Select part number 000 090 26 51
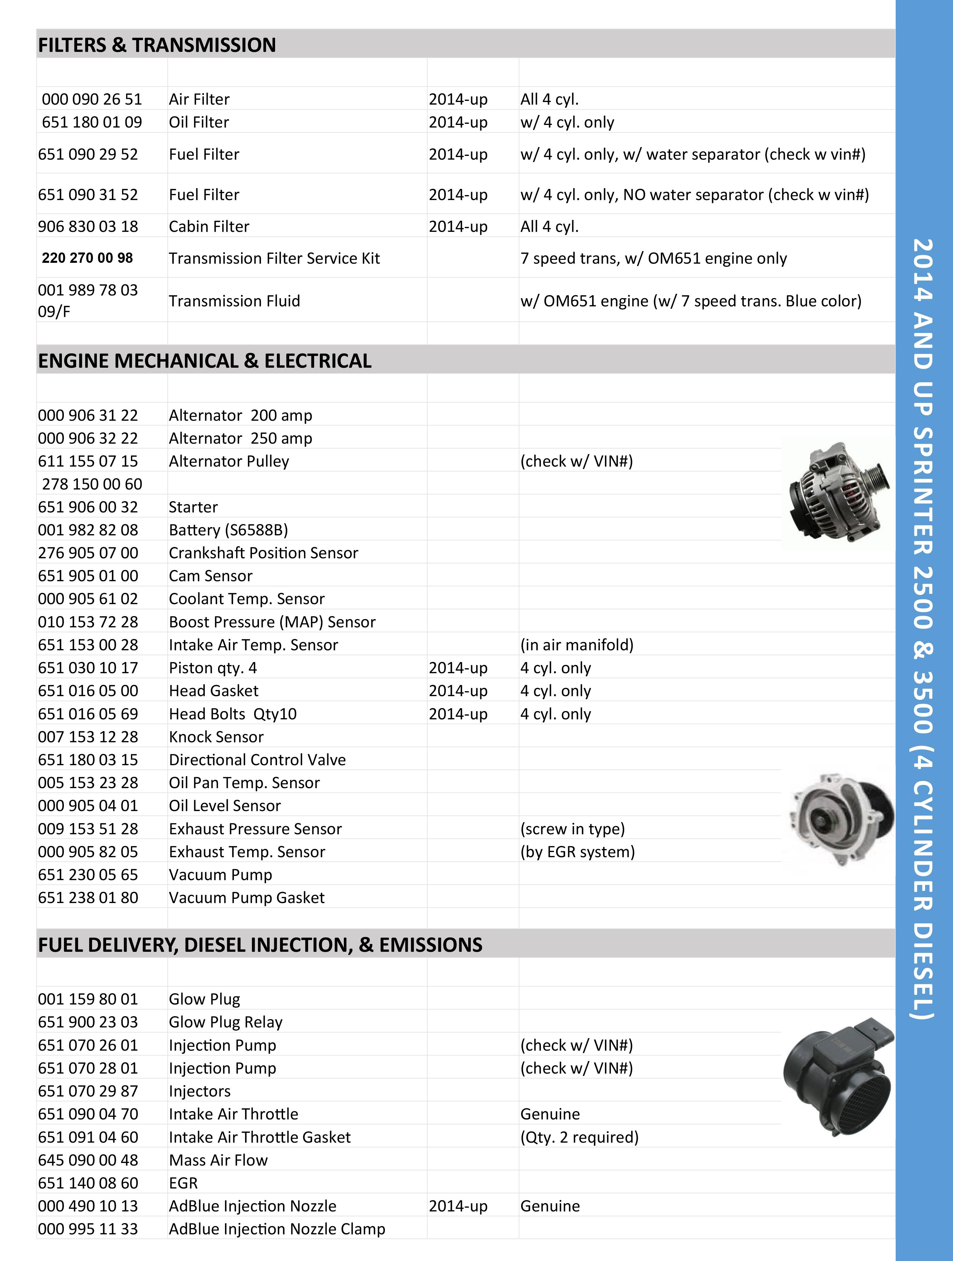point(92,99)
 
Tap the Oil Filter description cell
point(199,122)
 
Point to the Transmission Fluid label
point(234,301)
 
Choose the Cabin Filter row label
point(209,226)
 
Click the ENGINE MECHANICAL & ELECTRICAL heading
point(205,361)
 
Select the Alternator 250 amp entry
point(240,438)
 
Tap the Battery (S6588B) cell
point(229,530)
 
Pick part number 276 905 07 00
point(88,553)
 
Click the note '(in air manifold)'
point(577,645)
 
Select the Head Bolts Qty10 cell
point(233,714)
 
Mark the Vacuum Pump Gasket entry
point(247,898)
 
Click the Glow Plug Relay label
point(226,1022)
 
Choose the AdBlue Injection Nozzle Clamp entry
point(277,1229)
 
